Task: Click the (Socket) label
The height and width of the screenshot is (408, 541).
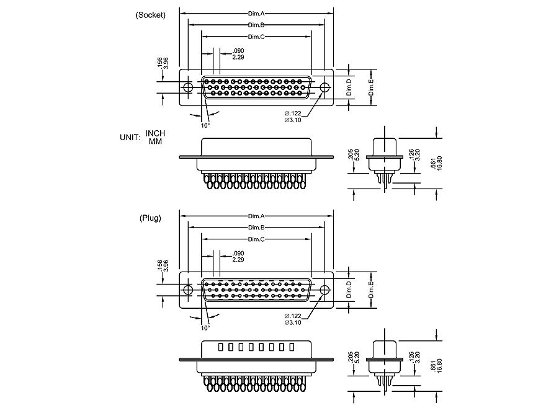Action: (x=150, y=15)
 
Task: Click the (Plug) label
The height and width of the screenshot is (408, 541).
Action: (x=150, y=218)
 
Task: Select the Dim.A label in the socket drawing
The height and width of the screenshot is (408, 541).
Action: (x=256, y=12)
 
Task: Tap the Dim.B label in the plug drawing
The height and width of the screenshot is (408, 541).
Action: (x=256, y=228)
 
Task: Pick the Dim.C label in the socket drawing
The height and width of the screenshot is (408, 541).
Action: (x=256, y=37)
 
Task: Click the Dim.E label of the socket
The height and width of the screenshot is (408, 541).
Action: (x=371, y=87)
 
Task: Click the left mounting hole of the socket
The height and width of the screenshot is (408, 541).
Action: (x=188, y=87)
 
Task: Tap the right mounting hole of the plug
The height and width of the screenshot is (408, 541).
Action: (x=324, y=290)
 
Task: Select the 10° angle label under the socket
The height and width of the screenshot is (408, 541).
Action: (x=205, y=125)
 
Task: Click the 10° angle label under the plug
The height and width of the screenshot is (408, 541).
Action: (x=205, y=327)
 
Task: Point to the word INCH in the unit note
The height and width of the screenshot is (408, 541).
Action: (x=156, y=133)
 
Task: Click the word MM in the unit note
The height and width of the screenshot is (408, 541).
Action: (x=155, y=141)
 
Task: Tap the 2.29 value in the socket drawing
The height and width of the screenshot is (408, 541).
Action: (x=238, y=57)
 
